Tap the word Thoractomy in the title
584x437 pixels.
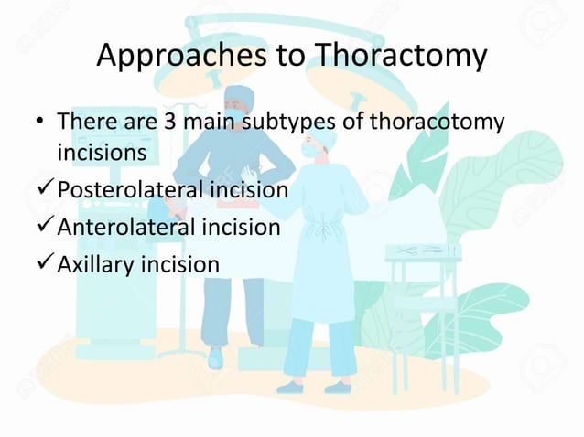point(399,57)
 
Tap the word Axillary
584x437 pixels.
point(95,264)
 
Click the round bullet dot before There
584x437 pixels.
point(41,123)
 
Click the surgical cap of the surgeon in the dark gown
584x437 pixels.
point(238,93)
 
